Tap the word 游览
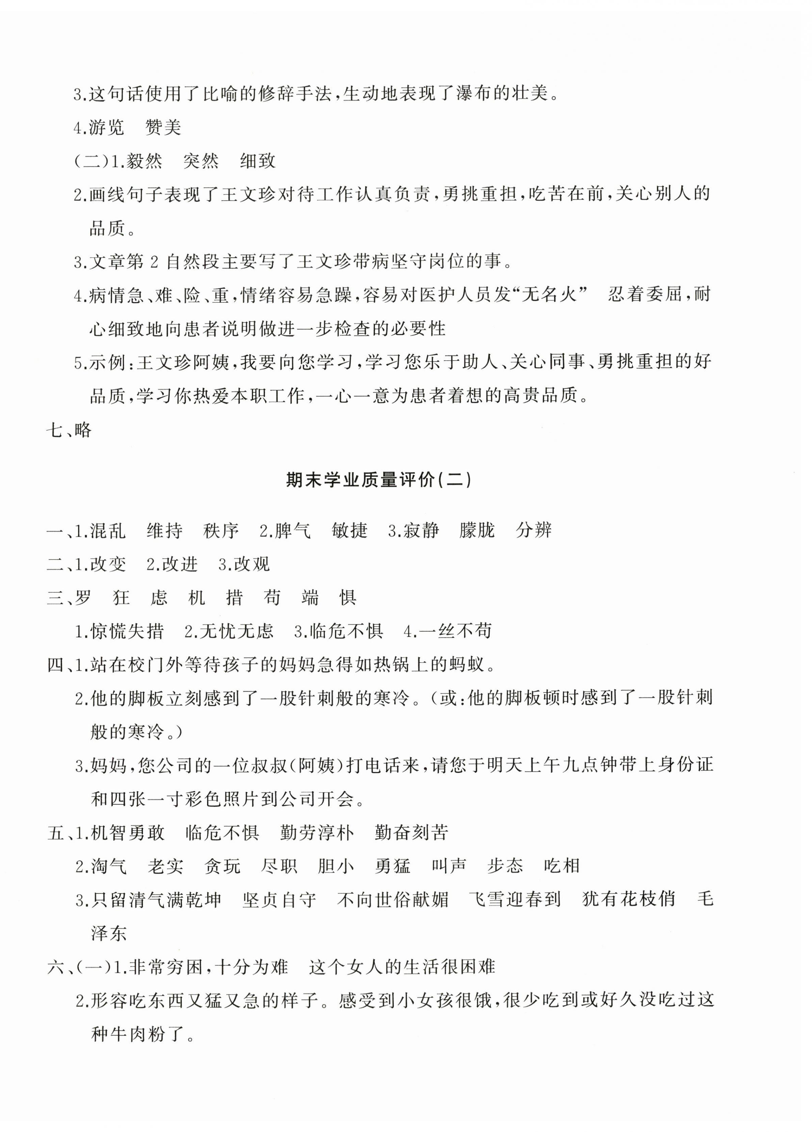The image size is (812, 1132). tap(106, 128)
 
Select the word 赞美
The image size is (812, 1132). tap(163, 128)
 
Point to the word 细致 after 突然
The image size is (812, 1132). tap(258, 161)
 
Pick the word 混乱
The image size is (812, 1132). tap(107, 530)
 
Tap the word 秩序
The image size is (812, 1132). tap(221, 530)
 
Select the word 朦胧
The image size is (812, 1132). tap(477, 530)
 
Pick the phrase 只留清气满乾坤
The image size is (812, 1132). tap(156, 899)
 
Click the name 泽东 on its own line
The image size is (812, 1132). tap(109, 933)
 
